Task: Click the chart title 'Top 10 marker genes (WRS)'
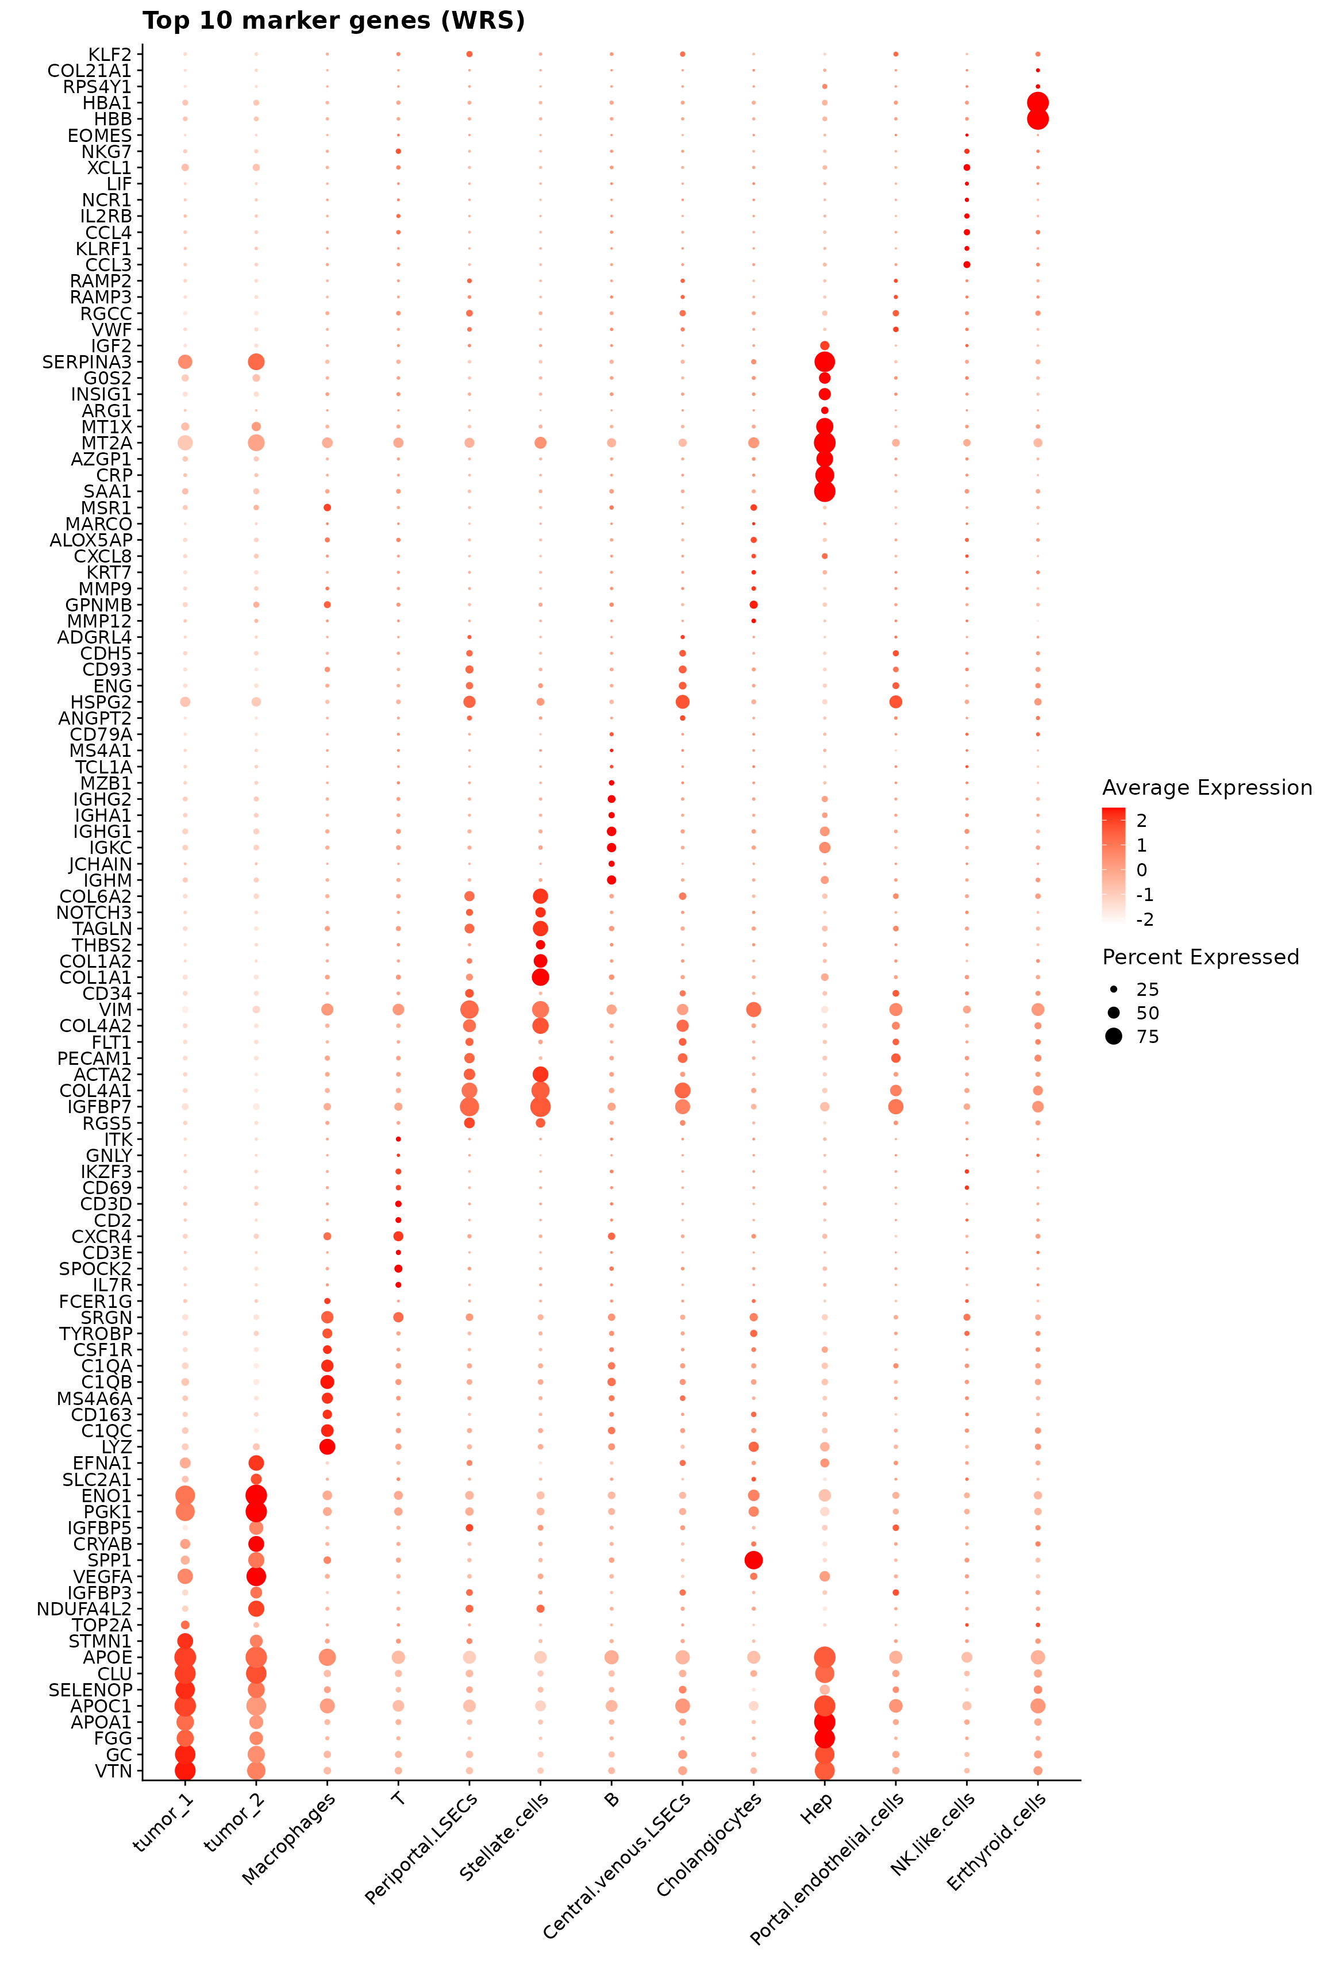point(333,20)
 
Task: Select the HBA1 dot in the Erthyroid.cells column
point(1038,103)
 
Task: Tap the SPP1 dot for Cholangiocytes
point(754,1560)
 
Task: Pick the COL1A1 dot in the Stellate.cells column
point(540,977)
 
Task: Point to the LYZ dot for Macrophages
point(328,1446)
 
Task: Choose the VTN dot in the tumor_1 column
point(185,1771)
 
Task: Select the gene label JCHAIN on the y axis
point(101,864)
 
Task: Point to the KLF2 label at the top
point(110,54)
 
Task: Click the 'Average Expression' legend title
point(1207,788)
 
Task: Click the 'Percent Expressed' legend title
point(1200,957)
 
